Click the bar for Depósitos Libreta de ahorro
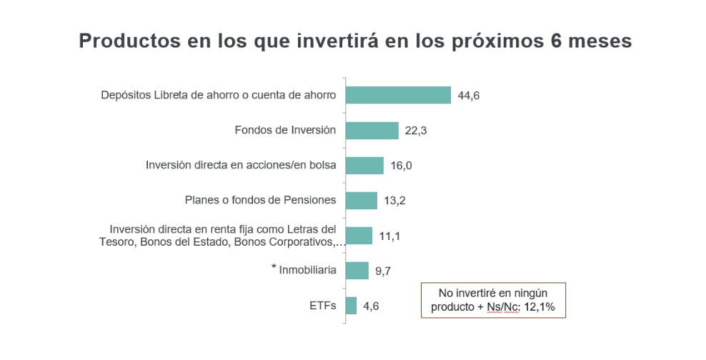[x=398, y=95]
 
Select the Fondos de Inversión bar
[x=372, y=130]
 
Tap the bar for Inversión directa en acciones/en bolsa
[x=364, y=165]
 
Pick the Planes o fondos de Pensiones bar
[x=361, y=200]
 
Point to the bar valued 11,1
[x=359, y=235]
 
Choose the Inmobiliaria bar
[x=357, y=270]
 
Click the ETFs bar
[x=351, y=305]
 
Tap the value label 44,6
[x=468, y=95]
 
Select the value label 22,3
[x=415, y=131]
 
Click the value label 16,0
[x=401, y=166]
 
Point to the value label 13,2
[x=394, y=201]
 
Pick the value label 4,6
[x=371, y=306]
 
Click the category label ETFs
[x=322, y=305]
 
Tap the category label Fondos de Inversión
[x=285, y=130]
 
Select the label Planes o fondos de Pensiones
[x=260, y=200]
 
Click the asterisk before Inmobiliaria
[x=274, y=267]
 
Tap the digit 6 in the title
[x=556, y=41]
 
